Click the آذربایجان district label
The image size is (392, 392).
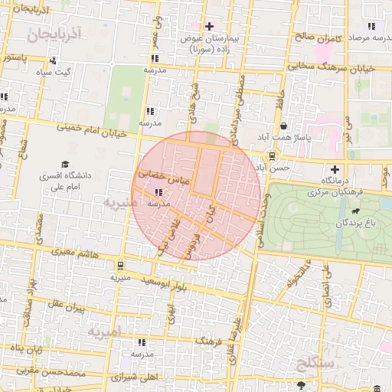tap(52, 34)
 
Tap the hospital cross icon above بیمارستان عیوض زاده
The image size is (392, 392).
tap(210, 26)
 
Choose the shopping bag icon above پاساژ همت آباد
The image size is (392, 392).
tap(284, 126)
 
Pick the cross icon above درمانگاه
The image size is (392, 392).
tap(334, 168)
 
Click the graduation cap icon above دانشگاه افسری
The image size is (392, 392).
tap(66, 164)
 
